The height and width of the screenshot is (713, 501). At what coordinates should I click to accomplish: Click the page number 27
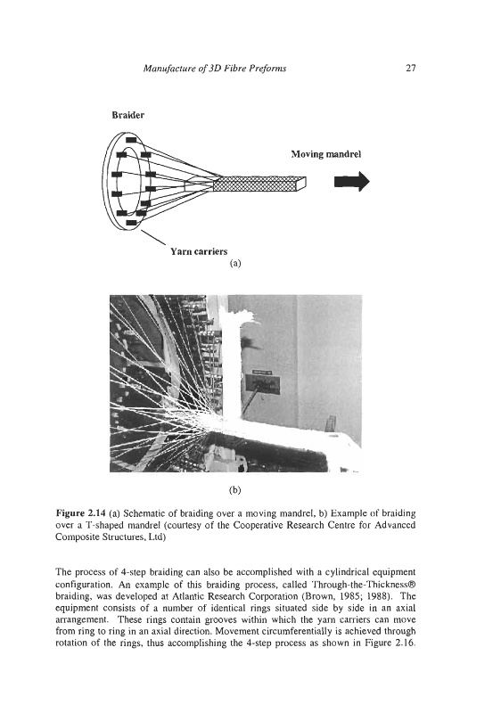coord(411,69)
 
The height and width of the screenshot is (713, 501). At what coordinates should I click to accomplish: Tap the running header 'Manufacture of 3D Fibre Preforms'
coord(215,69)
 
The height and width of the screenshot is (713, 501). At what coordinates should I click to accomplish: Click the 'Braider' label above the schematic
coord(128,115)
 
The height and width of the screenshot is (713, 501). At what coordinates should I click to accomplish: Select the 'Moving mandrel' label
coord(326,154)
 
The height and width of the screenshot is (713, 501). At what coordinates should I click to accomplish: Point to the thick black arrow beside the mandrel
coord(352,182)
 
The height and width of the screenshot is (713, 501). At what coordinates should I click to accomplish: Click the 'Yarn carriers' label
coord(199,251)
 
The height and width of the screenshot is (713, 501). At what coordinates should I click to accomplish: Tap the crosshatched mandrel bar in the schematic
coord(259,183)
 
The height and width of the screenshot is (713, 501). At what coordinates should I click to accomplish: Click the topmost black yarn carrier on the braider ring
coord(131,139)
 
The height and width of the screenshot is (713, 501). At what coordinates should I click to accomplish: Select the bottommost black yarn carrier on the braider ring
coord(131,222)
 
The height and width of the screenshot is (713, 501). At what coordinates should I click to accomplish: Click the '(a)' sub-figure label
coord(235,263)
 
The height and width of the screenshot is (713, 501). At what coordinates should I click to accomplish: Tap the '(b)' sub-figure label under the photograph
coord(235,490)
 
